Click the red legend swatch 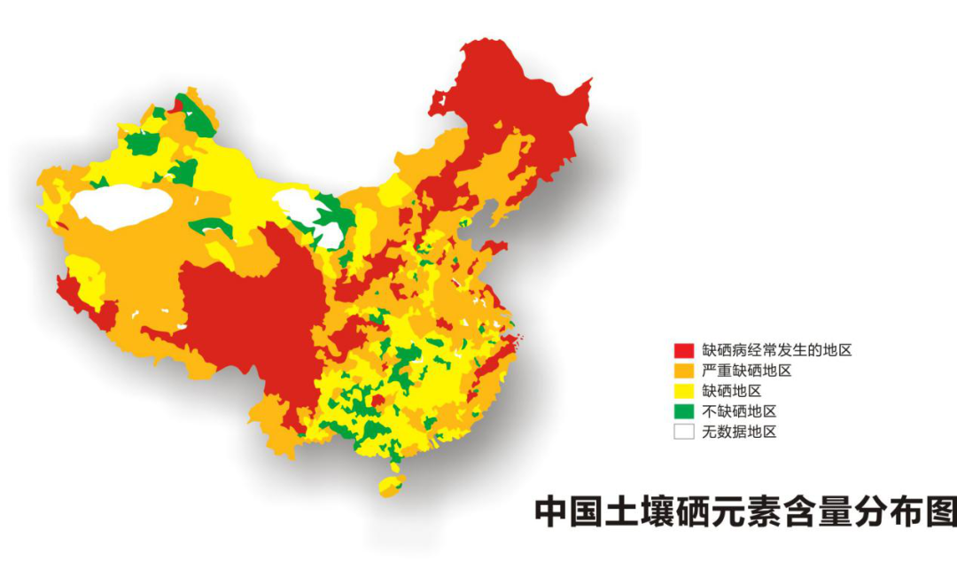(683, 350)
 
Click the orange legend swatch (683, 370)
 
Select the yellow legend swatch (683, 391)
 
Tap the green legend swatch (683, 411)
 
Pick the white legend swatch (683, 432)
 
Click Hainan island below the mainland (391, 485)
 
